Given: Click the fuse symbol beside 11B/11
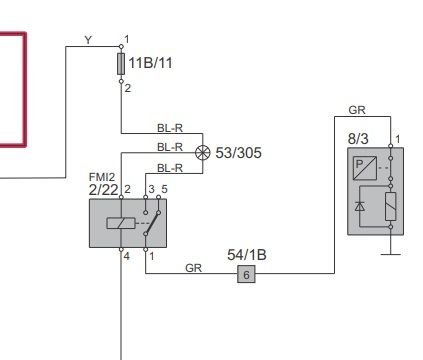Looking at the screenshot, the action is pyautogui.click(x=121, y=64).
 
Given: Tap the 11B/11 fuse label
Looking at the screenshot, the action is pyautogui.click(x=150, y=63).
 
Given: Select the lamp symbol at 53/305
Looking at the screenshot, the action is pyautogui.click(x=203, y=153).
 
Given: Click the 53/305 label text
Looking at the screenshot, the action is pyautogui.click(x=238, y=153).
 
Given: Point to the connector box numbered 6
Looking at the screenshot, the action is pyautogui.click(x=246, y=274).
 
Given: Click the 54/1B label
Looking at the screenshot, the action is pyautogui.click(x=247, y=255).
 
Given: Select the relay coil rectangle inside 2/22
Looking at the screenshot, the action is pyautogui.click(x=121, y=223).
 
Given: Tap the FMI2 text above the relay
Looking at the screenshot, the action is pyautogui.click(x=102, y=177).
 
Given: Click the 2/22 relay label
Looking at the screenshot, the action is pyautogui.click(x=103, y=190).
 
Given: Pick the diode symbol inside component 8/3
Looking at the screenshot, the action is pyautogui.click(x=360, y=207).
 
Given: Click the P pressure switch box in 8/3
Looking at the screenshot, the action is pyautogui.click(x=365, y=168).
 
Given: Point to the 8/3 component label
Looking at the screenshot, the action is pyautogui.click(x=358, y=139).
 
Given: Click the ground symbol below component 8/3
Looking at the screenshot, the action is pyautogui.click(x=391, y=254).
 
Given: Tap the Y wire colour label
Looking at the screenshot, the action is pyautogui.click(x=88, y=40).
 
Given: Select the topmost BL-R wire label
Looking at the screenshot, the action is pyautogui.click(x=170, y=128).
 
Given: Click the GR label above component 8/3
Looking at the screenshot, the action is pyautogui.click(x=357, y=110).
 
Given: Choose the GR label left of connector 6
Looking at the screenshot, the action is pyautogui.click(x=194, y=268).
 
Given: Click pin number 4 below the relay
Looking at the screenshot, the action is pyautogui.click(x=127, y=256).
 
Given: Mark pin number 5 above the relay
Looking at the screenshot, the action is pyautogui.click(x=164, y=189).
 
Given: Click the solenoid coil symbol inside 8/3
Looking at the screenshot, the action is pyautogui.click(x=391, y=206).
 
